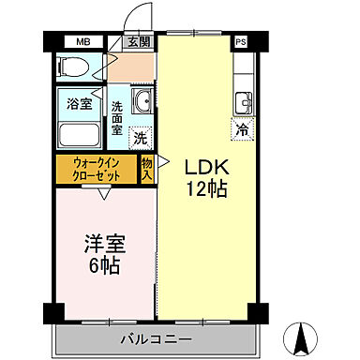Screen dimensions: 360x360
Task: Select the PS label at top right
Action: point(242,42)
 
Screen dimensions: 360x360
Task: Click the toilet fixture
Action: point(73,67)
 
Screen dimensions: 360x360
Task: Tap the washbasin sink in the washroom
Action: point(142,102)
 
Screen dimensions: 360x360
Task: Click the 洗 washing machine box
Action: point(140,136)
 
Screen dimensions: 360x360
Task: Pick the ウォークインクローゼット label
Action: point(96,170)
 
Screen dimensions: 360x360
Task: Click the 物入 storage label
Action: point(147,170)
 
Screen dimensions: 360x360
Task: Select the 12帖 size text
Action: point(205,190)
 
